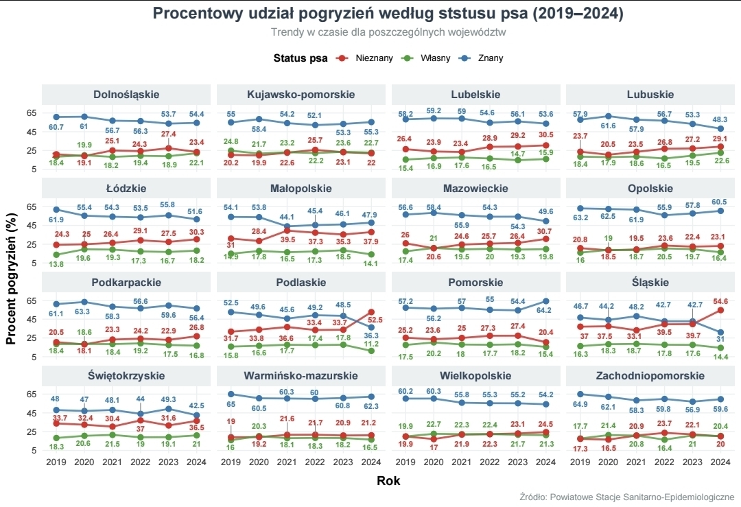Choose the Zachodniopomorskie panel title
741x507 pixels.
coord(650,376)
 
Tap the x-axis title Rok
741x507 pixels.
coord(388,481)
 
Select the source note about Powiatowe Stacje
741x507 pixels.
coord(627,497)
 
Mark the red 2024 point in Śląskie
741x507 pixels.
coord(720,310)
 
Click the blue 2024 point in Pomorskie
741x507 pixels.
coord(545,300)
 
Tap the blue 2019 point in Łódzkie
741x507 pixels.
coord(56,209)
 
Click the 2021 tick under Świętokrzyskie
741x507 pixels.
coord(113,462)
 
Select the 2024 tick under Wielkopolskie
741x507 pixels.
coord(545,462)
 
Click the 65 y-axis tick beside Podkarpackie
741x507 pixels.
coord(31,300)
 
